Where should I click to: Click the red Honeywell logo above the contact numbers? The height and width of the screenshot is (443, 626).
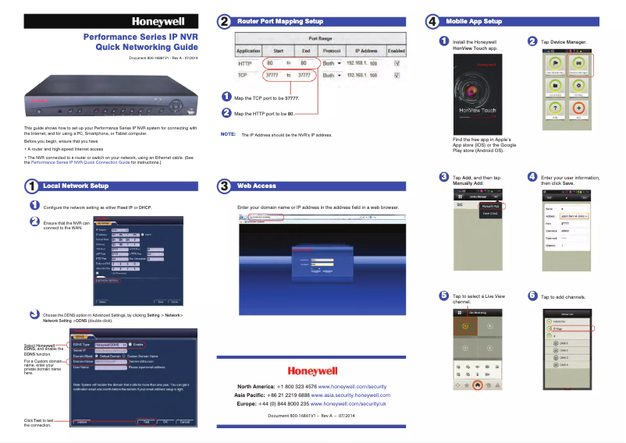tap(312, 371)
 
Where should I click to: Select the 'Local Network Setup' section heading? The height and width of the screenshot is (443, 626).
tap(76, 186)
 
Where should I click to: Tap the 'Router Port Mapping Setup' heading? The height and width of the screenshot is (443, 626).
tap(280, 22)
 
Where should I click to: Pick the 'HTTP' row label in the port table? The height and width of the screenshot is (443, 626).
tap(244, 62)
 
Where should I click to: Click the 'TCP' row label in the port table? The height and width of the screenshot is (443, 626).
tap(242, 76)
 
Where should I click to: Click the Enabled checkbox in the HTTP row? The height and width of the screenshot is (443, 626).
tap(397, 62)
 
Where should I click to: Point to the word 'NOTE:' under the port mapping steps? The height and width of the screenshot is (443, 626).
tap(229, 134)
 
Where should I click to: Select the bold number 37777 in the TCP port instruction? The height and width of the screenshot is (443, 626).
tap(291, 99)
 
